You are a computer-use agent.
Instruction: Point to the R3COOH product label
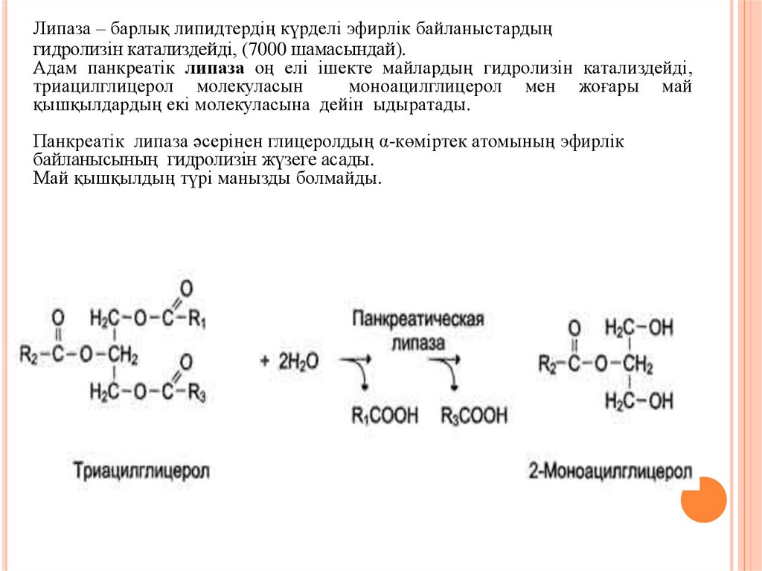(474, 415)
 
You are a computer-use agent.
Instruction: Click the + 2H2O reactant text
(289, 362)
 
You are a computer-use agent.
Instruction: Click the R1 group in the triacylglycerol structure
(197, 320)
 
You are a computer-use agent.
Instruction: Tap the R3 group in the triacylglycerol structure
(196, 392)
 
